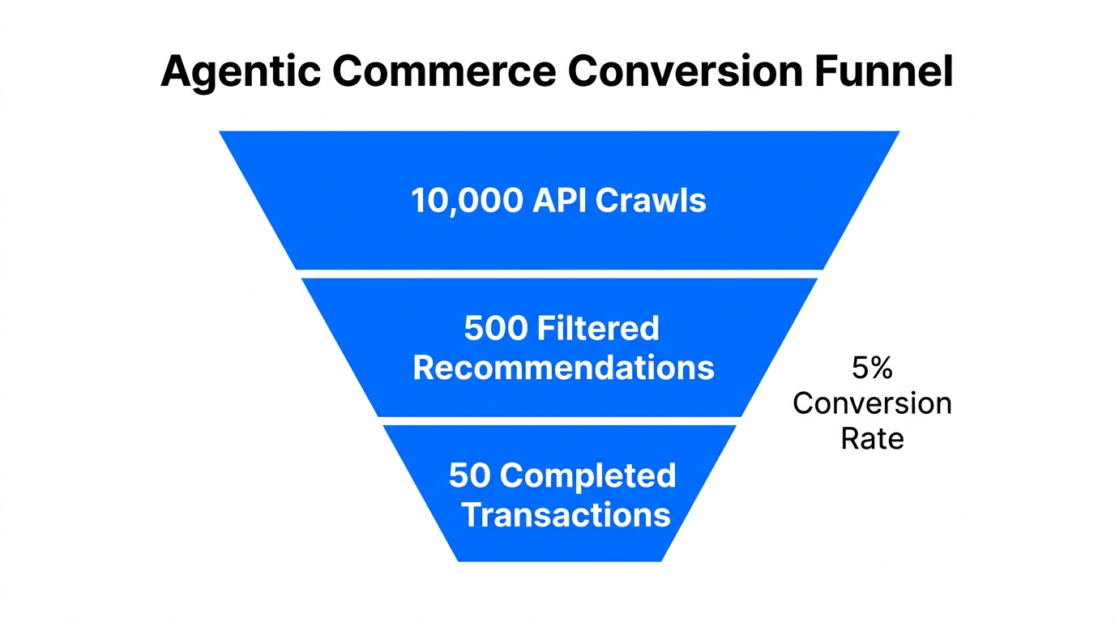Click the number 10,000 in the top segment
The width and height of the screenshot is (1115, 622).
tap(468, 201)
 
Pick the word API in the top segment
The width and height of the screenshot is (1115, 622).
tap(560, 201)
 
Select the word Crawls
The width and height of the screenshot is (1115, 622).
tap(651, 201)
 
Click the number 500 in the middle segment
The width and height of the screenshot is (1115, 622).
tap(495, 329)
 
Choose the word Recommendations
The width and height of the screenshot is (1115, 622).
tap(564, 368)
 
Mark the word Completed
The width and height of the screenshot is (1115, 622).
tap(588, 475)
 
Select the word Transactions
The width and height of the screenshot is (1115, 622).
tap(566, 515)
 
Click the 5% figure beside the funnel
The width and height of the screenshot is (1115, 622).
tap(872, 369)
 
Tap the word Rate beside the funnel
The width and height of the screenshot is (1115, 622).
tap(872, 438)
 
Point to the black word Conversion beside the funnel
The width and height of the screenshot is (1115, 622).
tap(872, 403)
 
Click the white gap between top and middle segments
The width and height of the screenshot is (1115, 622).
tap(559, 274)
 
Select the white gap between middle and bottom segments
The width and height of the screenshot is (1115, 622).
tap(559, 421)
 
